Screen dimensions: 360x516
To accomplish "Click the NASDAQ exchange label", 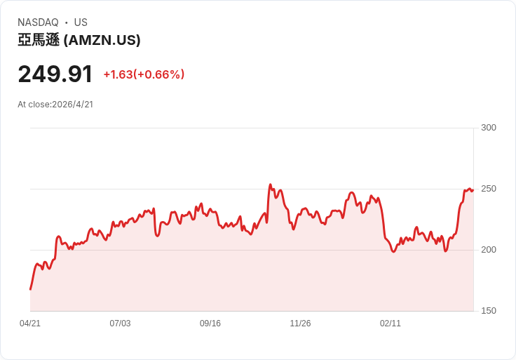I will click(38, 22).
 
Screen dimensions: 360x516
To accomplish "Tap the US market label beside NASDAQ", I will click(81, 22).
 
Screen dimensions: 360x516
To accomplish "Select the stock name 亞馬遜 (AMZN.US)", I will click(79, 41).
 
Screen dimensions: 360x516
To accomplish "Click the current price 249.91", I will click(55, 74).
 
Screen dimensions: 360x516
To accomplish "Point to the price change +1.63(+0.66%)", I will click(144, 74).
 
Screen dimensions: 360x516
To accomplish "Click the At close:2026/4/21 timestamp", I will click(55, 105).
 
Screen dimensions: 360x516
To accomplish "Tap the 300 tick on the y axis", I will click(489, 128).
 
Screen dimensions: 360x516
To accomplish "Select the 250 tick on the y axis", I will click(489, 189).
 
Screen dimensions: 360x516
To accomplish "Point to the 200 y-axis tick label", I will click(489, 250).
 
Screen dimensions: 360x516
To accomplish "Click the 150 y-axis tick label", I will click(489, 311).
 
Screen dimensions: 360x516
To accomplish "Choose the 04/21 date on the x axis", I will click(30, 324).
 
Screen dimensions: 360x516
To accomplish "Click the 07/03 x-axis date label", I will click(120, 324).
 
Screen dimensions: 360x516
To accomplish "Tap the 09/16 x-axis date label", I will click(210, 324).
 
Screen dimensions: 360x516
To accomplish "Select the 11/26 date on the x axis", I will click(300, 324).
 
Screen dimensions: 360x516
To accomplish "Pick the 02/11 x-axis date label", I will click(391, 324).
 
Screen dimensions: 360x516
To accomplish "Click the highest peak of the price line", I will click(270, 185).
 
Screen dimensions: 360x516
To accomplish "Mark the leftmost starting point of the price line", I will click(30, 289).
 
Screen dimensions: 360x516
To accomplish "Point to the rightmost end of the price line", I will click(473, 189).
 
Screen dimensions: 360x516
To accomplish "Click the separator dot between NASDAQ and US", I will click(66, 22).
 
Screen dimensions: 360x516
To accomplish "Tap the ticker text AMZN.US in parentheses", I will click(102, 41).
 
